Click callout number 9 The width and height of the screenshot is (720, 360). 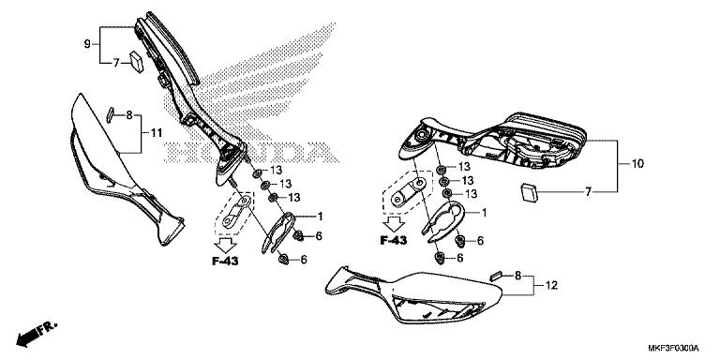point(87,44)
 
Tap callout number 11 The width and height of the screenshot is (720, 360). point(156,134)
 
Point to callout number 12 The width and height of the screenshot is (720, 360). point(551,285)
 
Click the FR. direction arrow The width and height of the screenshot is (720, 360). point(35,332)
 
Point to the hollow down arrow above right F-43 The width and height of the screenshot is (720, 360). point(395,221)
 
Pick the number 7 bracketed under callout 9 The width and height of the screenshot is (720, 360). point(117,63)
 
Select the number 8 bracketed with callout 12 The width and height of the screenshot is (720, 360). point(517,276)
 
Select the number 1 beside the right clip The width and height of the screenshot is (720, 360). point(484,213)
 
